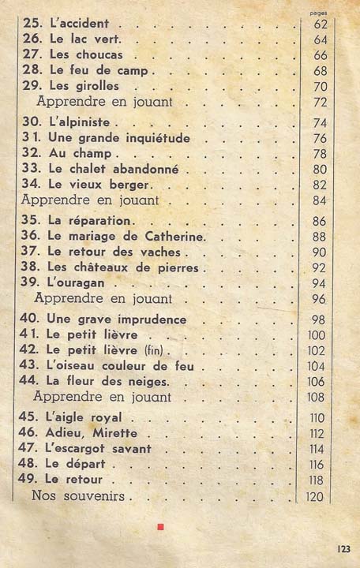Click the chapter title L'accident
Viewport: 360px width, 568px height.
[x=78, y=24]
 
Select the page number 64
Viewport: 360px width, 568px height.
[x=320, y=39]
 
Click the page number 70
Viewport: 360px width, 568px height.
[x=320, y=86]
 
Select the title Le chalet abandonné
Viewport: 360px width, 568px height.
[x=113, y=169]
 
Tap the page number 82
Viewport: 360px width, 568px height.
[x=320, y=185]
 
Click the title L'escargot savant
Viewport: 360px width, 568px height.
[x=100, y=448]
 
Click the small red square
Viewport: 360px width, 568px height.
[x=160, y=527]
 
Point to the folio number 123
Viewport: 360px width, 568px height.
[x=342, y=547]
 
